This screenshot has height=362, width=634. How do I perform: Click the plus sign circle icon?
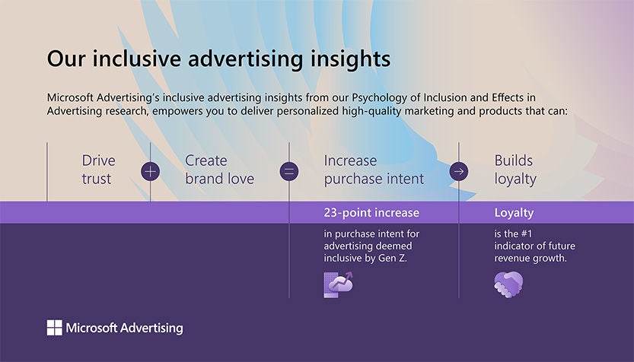(x=150, y=171)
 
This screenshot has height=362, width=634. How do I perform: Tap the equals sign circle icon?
(x=289, y=171)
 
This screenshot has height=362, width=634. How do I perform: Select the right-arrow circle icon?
(x=459, y=171)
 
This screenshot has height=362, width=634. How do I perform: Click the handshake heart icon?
(x=508, y=284)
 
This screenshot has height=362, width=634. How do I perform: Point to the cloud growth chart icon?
(x=338, y=284)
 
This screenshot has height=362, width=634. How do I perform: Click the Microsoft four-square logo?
(x=55, y=328)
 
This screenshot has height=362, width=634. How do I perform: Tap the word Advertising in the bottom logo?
(x=151, y=328)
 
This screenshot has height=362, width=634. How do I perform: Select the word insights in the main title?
(x=350, y=59)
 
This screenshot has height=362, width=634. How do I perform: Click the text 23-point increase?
(x=371, y=212)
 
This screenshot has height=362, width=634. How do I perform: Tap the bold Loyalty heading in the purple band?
(x=514, y=213)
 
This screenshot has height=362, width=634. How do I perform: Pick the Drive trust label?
(x=99, y=170)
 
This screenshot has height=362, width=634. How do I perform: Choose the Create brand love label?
(x=219, y=170)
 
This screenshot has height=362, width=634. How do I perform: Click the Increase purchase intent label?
(x=374, y=170)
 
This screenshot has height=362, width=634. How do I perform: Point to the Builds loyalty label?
(x=515, y=170)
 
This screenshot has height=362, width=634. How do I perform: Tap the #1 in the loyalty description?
(x=527, y=233)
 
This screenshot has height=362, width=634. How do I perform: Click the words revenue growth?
(x=530, y=259)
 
